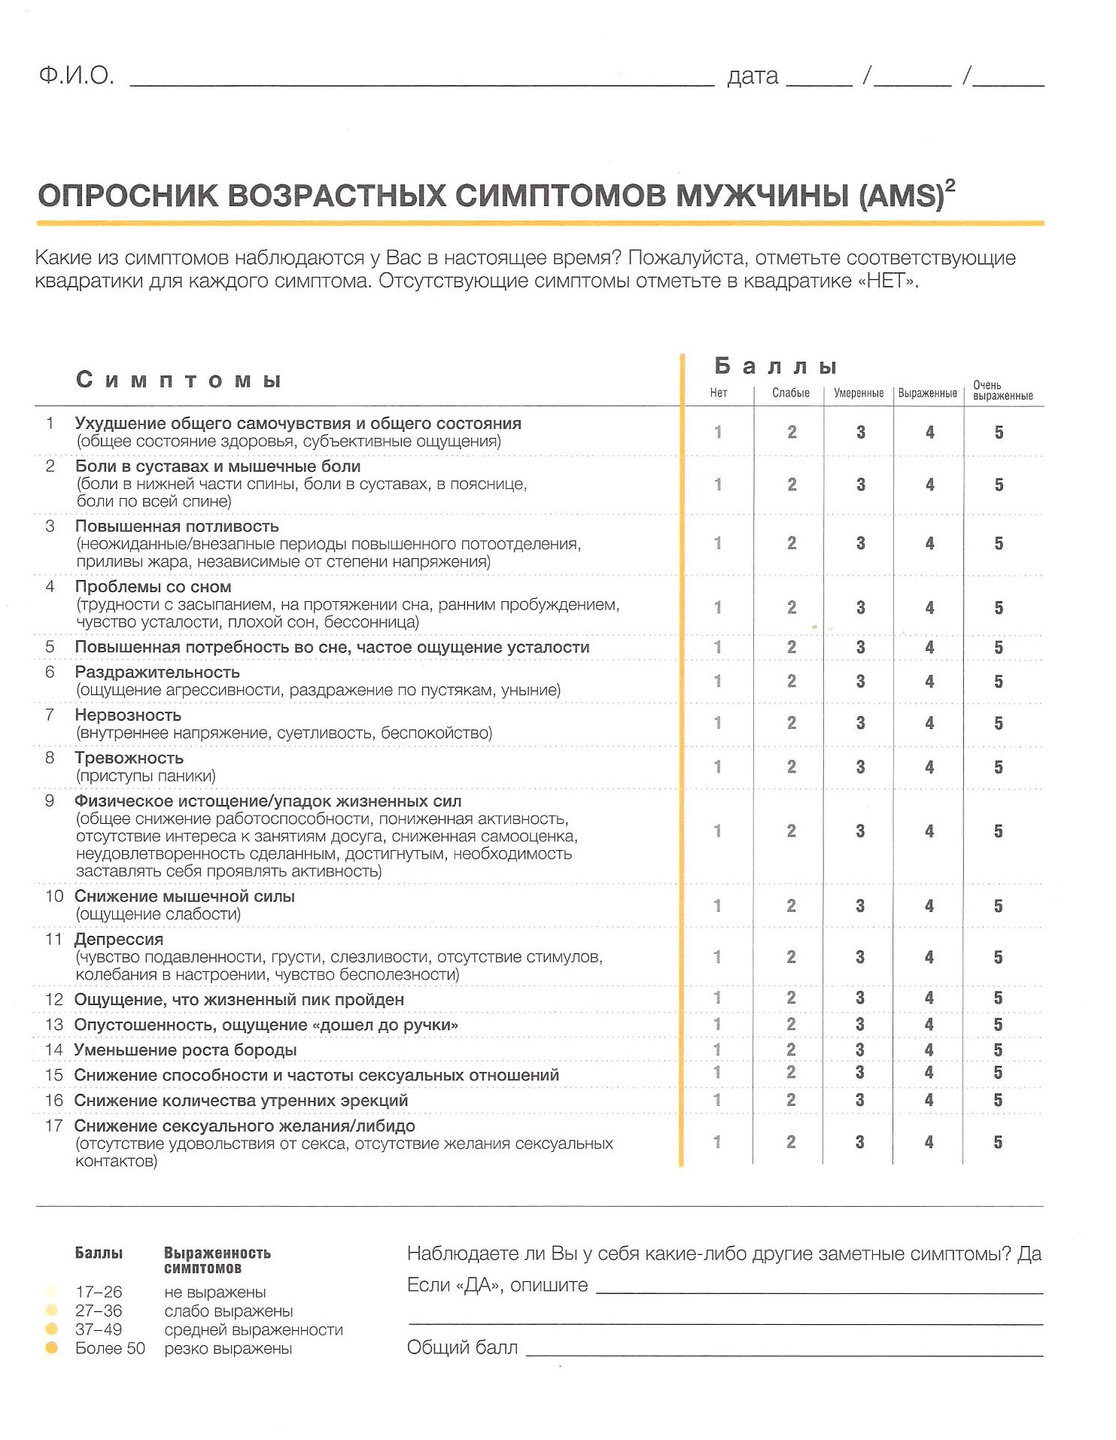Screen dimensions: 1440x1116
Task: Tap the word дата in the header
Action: (x=753, y=77)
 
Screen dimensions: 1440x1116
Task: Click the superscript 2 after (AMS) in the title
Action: (x=950, y=186)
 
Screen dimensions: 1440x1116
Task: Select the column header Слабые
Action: (x=791, y=393)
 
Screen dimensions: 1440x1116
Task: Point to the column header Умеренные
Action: (x=859, y=393)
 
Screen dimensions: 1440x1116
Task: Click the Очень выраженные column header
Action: (x=1002, y=390)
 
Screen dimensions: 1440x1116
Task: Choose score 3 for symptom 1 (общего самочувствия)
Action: (x=860, y=432)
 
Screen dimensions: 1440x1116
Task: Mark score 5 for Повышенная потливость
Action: (x=999, y=543)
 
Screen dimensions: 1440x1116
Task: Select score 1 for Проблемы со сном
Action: (x=718, y=607)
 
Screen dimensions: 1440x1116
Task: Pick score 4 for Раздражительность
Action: (x=929, y=682)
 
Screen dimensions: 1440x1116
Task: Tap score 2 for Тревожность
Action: (x=792, y=767)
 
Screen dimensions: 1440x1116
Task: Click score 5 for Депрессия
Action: (x=998, y=957)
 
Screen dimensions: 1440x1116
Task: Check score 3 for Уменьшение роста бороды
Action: (x=860, y=1050)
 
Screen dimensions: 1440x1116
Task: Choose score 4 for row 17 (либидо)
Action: (x=929, y=1142)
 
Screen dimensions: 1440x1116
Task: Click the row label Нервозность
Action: (x=128, y=715)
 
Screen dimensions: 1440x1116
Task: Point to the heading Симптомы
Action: (x=178, y=380)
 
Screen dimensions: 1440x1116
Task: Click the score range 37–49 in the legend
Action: (x=99, y=1329)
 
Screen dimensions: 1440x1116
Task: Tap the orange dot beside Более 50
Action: (x=52, y=1347)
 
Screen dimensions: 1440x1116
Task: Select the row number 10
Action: (x=54, y=896)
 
